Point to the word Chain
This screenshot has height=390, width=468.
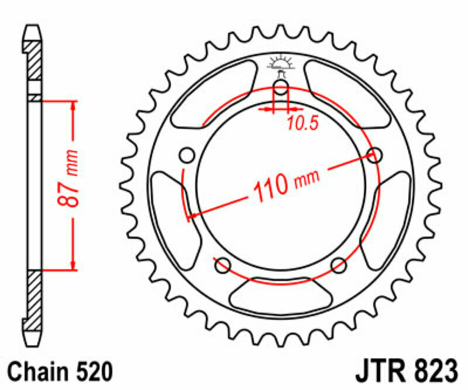point(36,372)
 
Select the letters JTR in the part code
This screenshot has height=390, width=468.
point(378,372)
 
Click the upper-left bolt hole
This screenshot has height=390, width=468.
point(187,156)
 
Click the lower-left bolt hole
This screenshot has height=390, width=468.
point(222,266)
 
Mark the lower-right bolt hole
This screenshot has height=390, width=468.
point(339,266)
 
